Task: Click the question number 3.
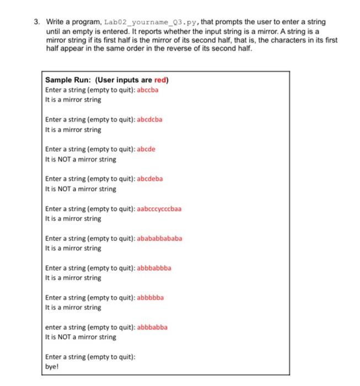click(36, 22)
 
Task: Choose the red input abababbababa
click(159, 238)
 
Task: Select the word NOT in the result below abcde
click(64, 159)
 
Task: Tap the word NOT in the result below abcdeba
click(64, 189)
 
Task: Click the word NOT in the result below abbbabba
click(64, 337)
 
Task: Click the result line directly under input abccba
click(73, 100)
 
